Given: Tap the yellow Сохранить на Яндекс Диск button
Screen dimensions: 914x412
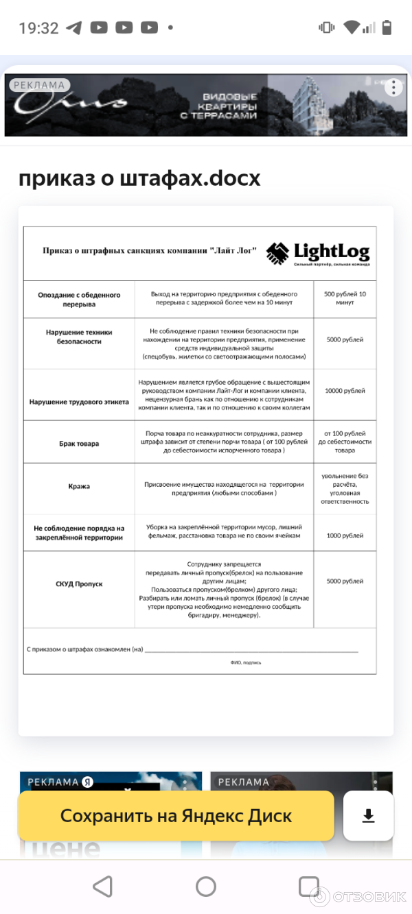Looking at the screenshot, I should point(176,816).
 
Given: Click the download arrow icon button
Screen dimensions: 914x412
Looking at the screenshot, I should point(369,816).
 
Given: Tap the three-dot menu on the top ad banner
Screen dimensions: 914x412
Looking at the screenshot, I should point(393,88).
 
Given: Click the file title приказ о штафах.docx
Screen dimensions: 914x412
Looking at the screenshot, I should point(139,178).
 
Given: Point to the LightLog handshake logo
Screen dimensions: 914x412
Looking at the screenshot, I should point(278,253).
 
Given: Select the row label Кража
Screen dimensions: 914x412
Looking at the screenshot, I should point(79,486).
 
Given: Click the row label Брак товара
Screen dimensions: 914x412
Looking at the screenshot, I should point(79,444).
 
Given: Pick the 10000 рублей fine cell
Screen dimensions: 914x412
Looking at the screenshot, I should point(345,391).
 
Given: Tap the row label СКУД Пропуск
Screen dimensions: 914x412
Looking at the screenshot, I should point(79,584).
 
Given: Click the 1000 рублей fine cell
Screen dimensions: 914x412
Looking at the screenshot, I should point(345,536).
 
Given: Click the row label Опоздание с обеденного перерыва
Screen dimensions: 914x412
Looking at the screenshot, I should point(79,299).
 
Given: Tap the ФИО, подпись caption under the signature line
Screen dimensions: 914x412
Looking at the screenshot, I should point(246,662).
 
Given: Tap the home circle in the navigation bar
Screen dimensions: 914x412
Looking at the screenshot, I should point(206,886).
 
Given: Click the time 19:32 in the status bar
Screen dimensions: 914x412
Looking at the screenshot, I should point(38,28).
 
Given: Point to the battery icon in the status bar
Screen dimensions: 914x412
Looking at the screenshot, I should point(387,27).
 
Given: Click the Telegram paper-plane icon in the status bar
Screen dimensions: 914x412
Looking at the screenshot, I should point(73,28).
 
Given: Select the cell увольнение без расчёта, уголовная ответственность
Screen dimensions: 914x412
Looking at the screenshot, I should point(345,488).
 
